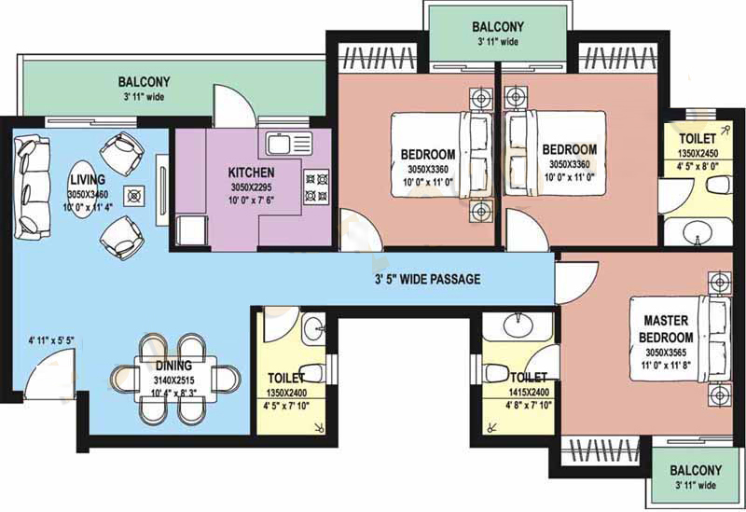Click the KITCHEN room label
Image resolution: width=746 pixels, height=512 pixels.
251,173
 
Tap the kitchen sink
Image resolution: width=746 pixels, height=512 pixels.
288,144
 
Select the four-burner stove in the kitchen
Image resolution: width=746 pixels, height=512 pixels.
316,187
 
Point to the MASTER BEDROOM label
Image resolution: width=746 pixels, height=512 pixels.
666,329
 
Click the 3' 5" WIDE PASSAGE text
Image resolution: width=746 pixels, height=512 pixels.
427,280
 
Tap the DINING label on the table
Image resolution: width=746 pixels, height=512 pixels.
173,366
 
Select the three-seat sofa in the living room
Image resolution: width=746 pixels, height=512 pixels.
32,187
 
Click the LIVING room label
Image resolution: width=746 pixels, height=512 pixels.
88,180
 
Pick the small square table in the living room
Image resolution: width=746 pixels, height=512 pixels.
134,196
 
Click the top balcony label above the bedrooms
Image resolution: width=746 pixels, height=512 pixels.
498,27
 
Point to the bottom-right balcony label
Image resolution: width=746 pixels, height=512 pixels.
696,471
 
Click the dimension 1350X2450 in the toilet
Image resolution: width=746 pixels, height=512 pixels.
698,154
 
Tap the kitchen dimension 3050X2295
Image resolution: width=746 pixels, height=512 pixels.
251,187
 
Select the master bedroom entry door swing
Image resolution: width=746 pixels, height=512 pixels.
575,284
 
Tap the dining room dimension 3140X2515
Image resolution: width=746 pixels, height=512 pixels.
173,381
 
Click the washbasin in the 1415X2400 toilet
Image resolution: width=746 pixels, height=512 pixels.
518,325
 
